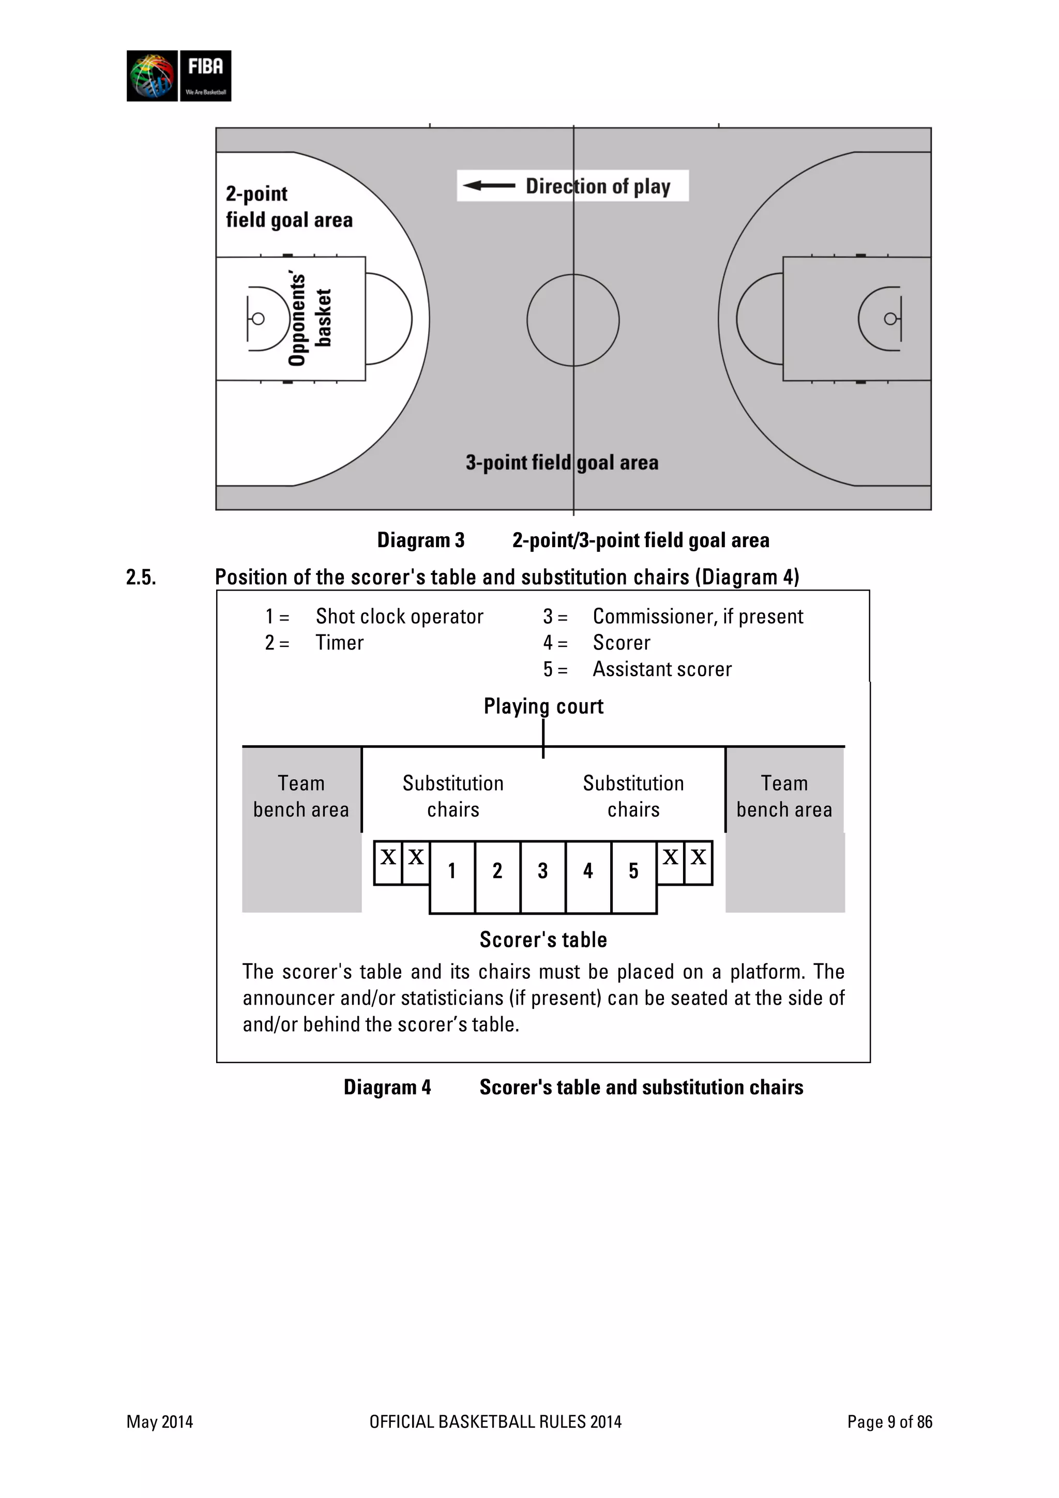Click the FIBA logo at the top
pos(179,75)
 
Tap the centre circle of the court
pos(573,320)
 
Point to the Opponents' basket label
pos(310,319)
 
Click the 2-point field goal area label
pos(289,206)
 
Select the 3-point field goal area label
pos(562,463)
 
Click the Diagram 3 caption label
pos(421,540)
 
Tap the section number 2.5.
pos(141,578)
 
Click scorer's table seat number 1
pos(451,871)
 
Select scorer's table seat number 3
pos(542,871)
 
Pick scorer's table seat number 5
pos(633,871)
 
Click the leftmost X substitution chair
pos(388,858)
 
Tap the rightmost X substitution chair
pos(698,858)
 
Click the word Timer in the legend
pos(339,643)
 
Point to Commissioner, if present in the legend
pos(698,616)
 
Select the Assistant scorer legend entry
pos(662,670)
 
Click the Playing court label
pos(543,706)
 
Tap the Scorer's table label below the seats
pos(543,940)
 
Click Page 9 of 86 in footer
pos(889,1421)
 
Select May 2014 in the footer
pos(160,1421)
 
